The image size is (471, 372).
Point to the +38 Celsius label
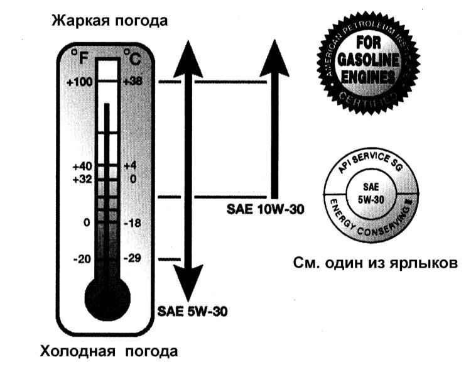pos(134,82)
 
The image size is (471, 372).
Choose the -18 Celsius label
pos(134,223)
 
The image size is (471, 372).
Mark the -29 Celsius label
pos(134,259)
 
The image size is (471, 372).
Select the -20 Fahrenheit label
pos(82,259)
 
